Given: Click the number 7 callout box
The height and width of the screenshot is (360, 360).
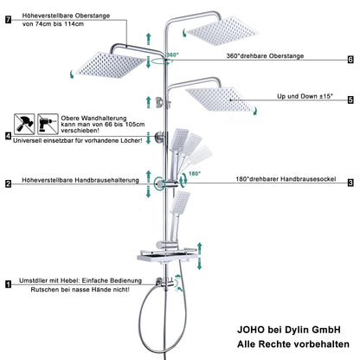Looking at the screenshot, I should [8, 18].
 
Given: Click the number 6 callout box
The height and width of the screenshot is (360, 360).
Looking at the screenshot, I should [350, 60].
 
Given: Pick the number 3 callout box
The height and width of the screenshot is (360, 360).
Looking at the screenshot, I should [350, 183].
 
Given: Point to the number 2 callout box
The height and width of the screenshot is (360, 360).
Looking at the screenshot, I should [8, 183].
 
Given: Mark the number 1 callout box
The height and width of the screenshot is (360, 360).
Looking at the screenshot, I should [8, 283].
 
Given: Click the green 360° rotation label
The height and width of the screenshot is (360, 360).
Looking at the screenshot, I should [172, 54].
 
